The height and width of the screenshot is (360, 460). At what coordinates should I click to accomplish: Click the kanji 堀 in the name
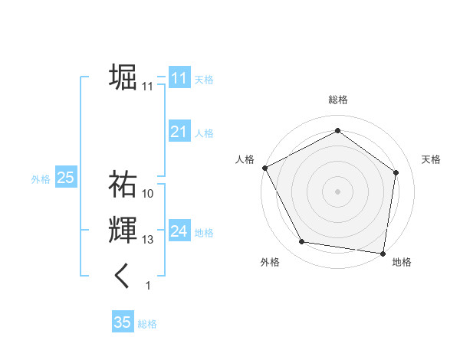[123, 77]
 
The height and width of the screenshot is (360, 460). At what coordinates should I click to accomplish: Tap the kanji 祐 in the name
[123, 184]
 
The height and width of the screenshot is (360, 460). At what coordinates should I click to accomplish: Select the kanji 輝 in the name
[123, 231]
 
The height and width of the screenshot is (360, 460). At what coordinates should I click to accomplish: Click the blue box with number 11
[179, 78]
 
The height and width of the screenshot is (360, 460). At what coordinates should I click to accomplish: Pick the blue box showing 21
[179, 133]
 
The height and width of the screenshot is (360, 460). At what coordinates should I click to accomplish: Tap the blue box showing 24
[179, 231]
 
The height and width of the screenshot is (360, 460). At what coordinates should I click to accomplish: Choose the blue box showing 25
[65, 178]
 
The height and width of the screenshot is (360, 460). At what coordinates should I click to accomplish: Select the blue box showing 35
[123, 322]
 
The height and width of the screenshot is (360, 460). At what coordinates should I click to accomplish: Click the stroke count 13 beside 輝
[148, 241]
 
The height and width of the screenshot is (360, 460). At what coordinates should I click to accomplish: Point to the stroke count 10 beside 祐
[148, 194]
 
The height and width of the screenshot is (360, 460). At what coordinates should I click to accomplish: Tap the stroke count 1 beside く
[148, 286]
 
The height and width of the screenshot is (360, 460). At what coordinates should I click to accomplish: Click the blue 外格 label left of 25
[41, 179]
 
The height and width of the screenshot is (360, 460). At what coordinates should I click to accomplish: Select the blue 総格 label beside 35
[147, 324]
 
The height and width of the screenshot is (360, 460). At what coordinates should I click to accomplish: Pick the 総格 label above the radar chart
[337, 100]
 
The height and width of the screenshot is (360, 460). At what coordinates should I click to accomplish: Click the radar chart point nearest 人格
[264, 167]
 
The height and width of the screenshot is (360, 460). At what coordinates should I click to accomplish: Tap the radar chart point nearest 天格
[396, 172]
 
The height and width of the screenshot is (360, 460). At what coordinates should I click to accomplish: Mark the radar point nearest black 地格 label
[383, 253]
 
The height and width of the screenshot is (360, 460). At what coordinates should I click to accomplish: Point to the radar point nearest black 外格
[302, 242]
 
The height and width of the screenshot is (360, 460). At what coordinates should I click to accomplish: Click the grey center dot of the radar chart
[337, 191]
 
